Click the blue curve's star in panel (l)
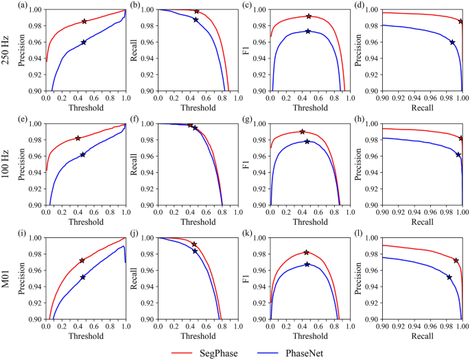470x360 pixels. [x=449, y=277]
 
